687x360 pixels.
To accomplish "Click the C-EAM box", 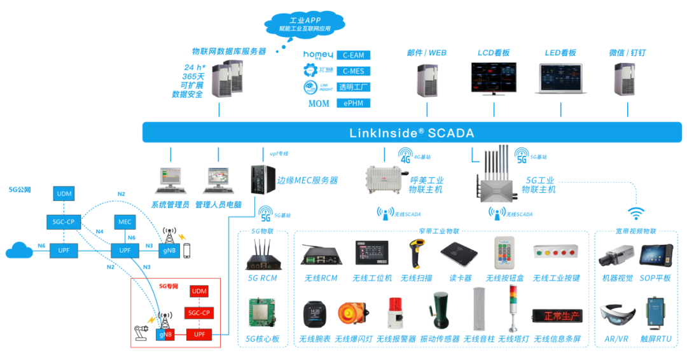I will pos(353,55).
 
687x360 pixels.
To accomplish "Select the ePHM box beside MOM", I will pos(353,103).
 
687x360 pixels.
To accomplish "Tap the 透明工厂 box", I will pos(353,87).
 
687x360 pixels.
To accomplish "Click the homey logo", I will pos(318,55).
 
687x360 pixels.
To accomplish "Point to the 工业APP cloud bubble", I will pos(305,24).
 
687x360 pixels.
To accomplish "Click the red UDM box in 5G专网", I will pos(199,291).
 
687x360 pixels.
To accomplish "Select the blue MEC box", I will pos(125,222).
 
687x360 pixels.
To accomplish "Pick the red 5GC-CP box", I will pos(199,313).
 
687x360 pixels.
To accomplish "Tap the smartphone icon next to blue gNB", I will pos(187,251).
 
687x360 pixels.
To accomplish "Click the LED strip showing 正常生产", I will pos(557,316).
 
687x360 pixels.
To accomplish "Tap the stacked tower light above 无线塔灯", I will pos(513,308).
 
